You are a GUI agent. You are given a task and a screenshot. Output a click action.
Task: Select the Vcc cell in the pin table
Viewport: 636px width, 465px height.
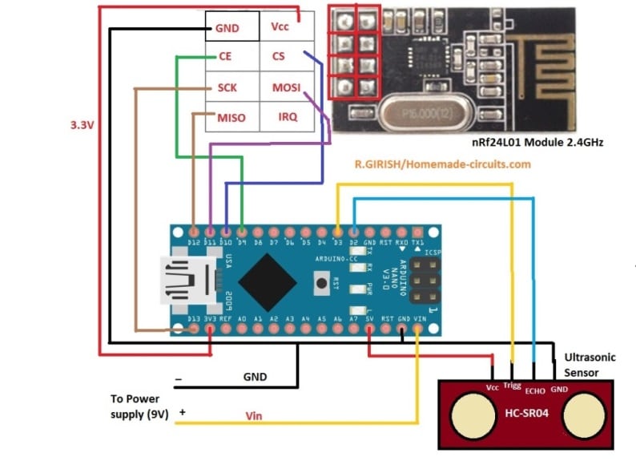(x=280, y=26)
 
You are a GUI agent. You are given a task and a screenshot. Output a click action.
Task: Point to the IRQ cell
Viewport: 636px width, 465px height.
(x=287, y=117)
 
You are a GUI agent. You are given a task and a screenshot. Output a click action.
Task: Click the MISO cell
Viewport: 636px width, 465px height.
(x=231, y=117)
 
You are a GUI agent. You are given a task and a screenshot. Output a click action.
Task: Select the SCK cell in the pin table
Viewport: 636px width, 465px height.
(x=227, y=87)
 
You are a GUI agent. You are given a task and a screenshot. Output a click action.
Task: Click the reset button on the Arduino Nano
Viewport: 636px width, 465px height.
(x=322, y=281)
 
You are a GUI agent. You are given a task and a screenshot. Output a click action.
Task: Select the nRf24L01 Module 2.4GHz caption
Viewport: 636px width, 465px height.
(x=537, y=142)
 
